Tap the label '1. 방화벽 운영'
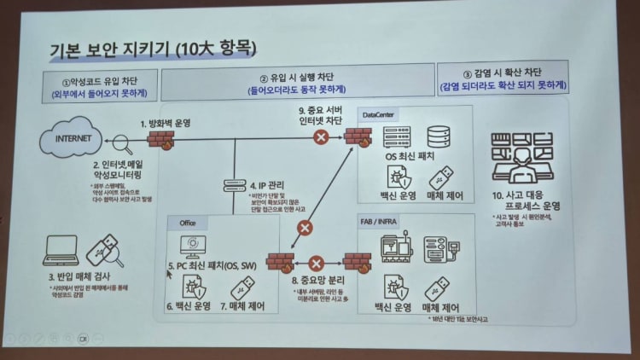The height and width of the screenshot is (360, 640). pyautogui.click(x=166, y=123)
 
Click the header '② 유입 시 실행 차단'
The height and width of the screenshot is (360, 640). pyautogui.click(x=295, y=81)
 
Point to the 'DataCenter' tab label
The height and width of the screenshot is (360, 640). pyautogui.click(x=379, y=113)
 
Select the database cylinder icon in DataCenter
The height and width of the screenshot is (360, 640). pyautogui.click(x=438, y=136)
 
